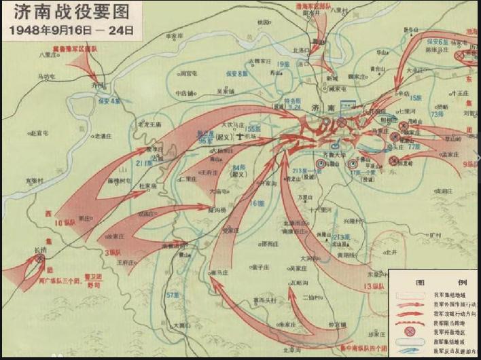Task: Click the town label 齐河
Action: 98,86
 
